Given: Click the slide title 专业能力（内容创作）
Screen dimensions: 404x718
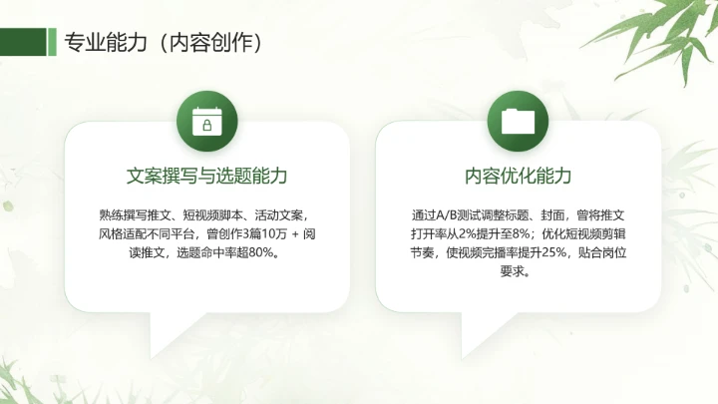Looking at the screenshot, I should (164, 41).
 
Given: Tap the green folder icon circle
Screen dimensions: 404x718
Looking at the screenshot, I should (518, 120).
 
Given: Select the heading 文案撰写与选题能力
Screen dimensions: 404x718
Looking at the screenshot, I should (206, 176).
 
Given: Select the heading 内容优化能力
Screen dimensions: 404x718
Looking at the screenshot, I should (518, 176).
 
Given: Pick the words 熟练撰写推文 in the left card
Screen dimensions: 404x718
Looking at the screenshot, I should (133, 214).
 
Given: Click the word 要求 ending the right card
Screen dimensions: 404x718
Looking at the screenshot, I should (513, 270).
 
